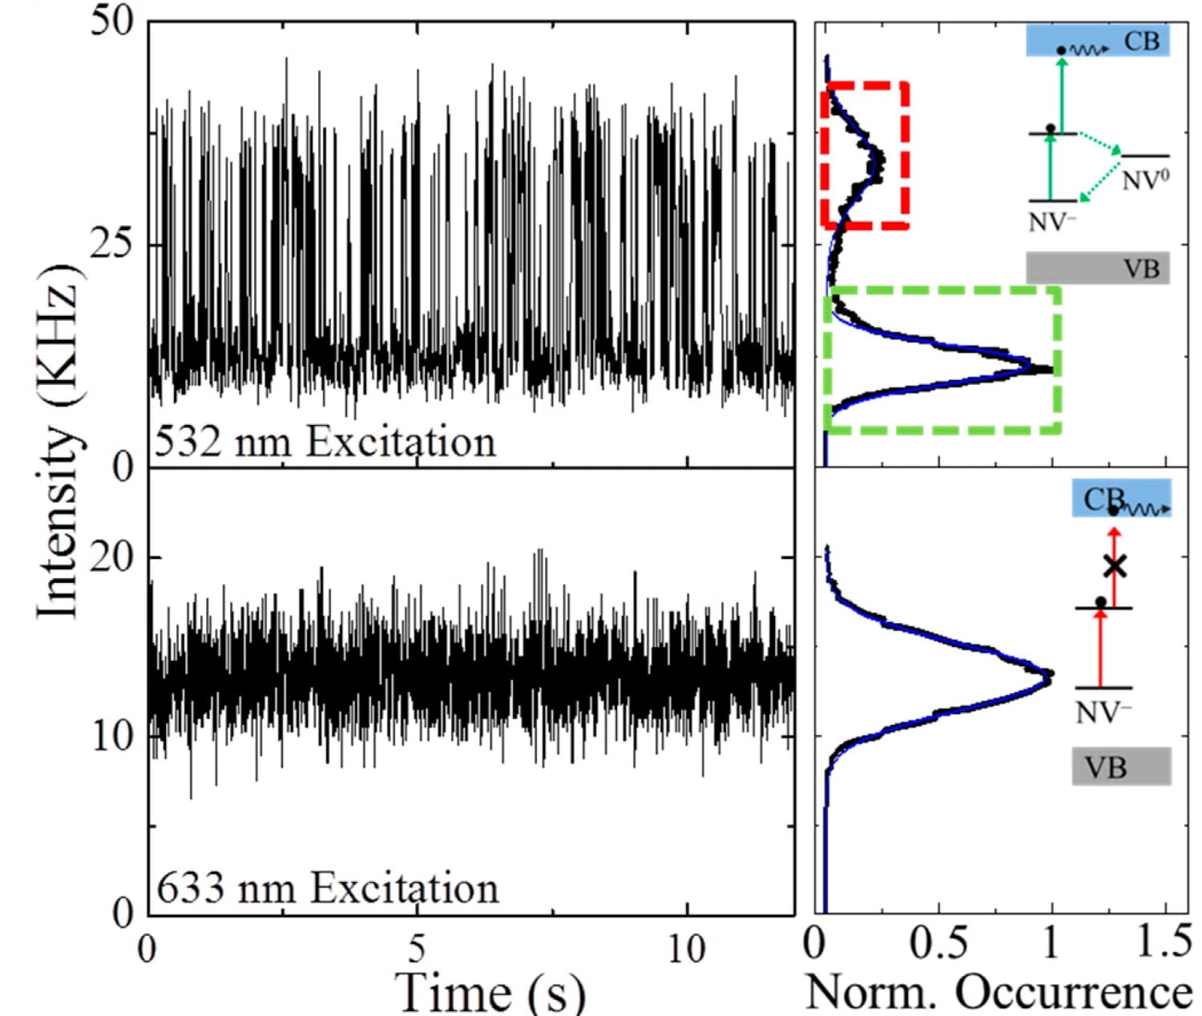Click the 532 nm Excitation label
pyautogui.click(x=325, y=443)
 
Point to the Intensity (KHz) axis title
pyautogui.click(x=60, y=441)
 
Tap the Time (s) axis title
pyautogui.click(x=491, y=991)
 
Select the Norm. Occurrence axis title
pyautogui.click(x=998, y=992)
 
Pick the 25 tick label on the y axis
pyautogui.click(x=111, y=244)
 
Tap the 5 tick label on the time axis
pyautogui.click(x=415, y=949)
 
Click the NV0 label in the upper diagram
pyautogui.click(x=1144, y=180)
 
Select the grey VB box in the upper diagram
pyautogui.click(x=1098, y=268)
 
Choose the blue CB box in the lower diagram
pyautogui.click(x=1121, y=498)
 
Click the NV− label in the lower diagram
pyautogui.click(x=1103, y=712)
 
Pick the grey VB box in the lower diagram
pyautogui.click(x=1121, y=767)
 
